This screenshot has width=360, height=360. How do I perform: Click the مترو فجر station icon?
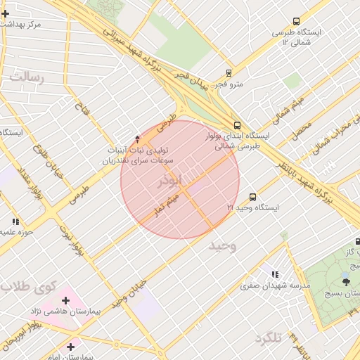(229, 72)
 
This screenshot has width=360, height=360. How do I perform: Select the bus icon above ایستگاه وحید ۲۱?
(252, 198)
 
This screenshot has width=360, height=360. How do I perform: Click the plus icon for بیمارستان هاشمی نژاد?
(66, 300)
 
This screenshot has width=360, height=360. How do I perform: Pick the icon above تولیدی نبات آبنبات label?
(137, 139)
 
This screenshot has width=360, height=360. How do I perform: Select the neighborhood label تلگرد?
(268, 339)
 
